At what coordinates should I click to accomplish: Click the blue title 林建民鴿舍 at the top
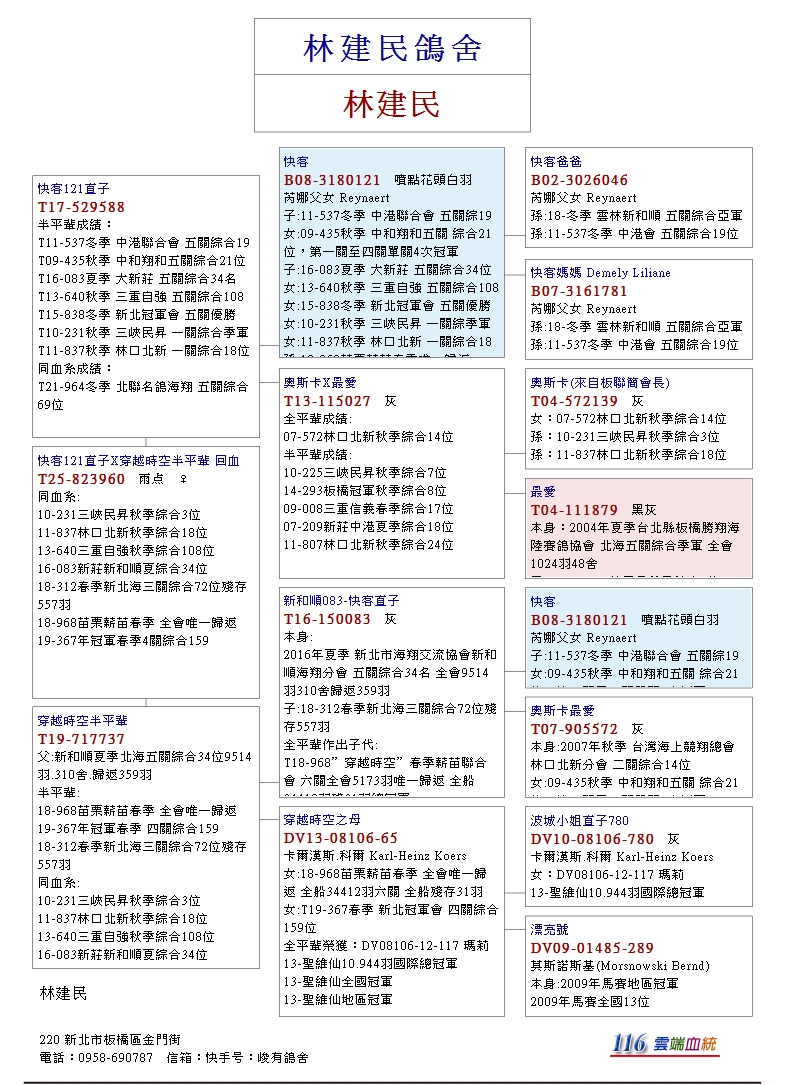coord(392,48)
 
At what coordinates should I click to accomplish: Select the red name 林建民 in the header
coord(392,104)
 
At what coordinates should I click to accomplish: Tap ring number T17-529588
coord(82,207)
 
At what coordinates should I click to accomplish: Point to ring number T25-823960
coord(82,479)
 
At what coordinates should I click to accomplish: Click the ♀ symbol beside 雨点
coord(181,479)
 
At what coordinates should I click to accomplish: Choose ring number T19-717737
coord(82,738)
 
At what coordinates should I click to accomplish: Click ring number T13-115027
coord(327,401)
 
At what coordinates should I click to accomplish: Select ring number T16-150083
coord(327,619)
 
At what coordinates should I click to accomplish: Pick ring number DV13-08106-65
coord(341,838)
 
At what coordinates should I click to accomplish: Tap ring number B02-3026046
coord(580,180)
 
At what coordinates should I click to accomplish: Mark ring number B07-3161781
coord(580,291)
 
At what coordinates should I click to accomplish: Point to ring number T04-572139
coord(575,401)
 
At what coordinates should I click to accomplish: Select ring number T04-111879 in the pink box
coord(575,510)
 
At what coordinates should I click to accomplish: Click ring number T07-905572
coord(575,729)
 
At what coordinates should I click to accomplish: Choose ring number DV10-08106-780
coord(593,838)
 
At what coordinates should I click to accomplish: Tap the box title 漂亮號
coord(551,930)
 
